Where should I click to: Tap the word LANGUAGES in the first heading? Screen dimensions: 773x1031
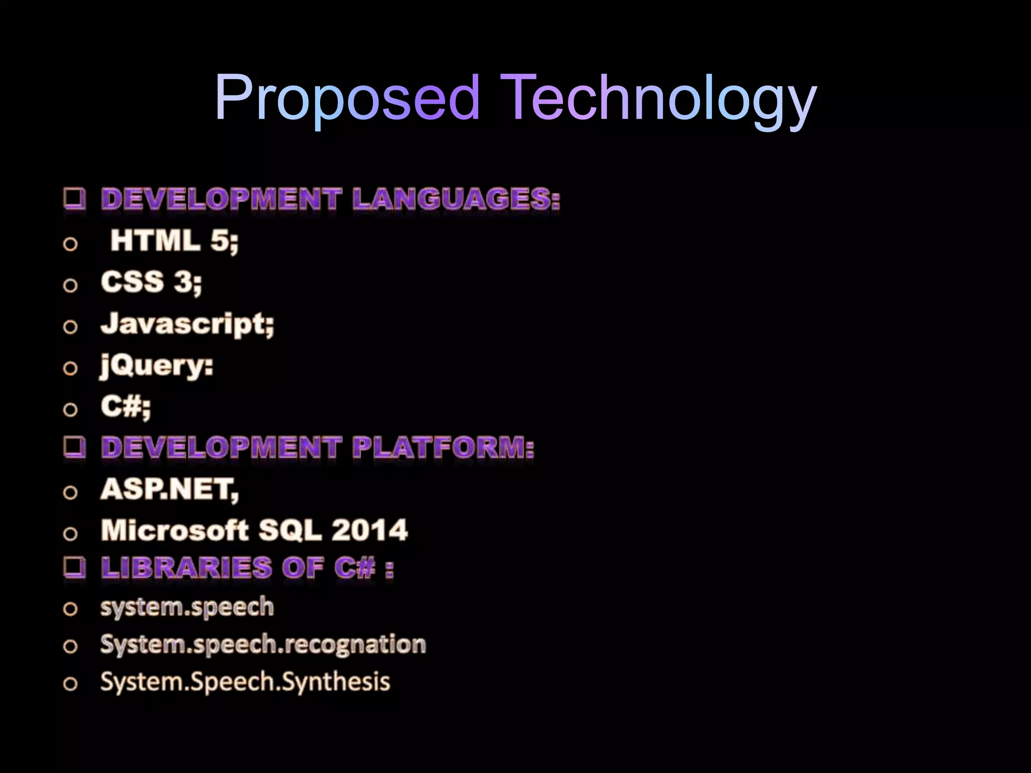click(456, 199)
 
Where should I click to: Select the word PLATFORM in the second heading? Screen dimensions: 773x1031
click(443, 447)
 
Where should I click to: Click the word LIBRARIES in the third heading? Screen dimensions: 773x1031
click(187, 568)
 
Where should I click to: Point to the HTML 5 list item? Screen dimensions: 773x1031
click(174, 241)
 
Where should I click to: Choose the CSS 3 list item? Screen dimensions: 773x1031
click(151, 282)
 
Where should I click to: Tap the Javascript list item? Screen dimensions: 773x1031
click(187, 324)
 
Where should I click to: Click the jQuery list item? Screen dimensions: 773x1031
click(157, 366)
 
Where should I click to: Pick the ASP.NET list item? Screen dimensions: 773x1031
click(170, 489)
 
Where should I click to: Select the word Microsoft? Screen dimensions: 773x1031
click(175, 530)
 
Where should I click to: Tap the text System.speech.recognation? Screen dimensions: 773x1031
click(263, 645)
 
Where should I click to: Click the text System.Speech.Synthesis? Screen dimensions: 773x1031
click(245, 682)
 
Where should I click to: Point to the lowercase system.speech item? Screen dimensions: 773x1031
click(187, 607)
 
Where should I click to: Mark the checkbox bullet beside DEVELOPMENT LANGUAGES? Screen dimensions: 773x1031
click(75, 198)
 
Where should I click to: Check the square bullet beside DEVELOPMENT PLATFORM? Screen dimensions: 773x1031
click(75, 447)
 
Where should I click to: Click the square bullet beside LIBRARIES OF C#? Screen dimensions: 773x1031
click(75, 568)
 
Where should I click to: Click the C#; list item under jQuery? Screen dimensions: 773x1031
click(125, 407)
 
